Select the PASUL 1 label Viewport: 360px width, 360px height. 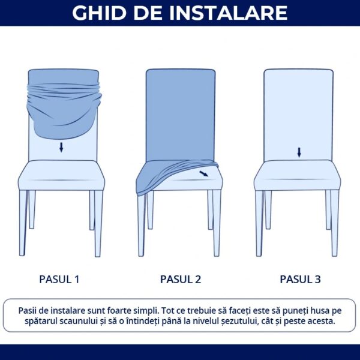tap(59, 279)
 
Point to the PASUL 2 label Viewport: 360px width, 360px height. tap(181, 279)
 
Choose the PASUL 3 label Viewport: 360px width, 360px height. tap(300, 279)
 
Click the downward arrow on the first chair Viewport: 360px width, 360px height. tap(61, 147)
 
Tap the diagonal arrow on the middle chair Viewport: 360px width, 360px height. tap(205, 173)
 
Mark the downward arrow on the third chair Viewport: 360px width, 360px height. tap(299, 152)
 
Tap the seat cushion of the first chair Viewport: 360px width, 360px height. tap(60, 175)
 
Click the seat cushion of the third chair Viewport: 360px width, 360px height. tap(299, 175)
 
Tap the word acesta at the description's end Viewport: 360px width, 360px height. tap(320, 322)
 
